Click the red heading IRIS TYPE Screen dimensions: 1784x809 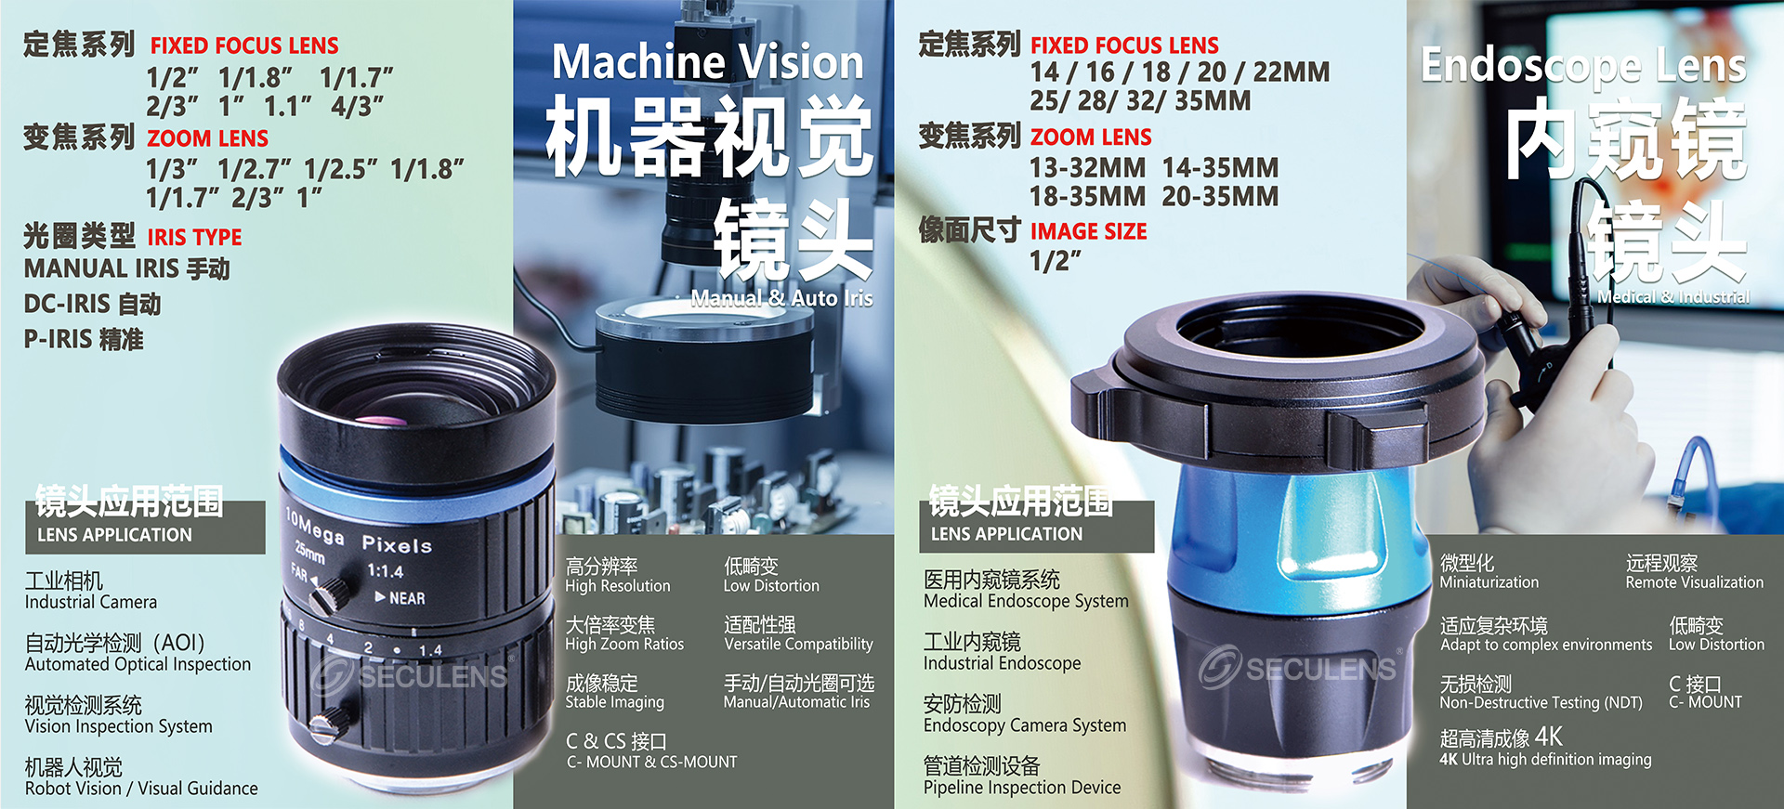click(x=194, y=237)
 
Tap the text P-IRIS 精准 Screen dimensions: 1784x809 click(x=84, y=339)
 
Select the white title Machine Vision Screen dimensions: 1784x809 click(x=708, y=62)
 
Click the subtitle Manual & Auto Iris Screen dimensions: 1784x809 click(x=781, y=298)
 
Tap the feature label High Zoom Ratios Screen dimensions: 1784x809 click(x=624, y=644)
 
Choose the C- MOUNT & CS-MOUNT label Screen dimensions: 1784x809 click(x=651, y=762)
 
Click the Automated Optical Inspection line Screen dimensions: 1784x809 click(x=138, y=664)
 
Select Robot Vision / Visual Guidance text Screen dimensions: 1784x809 click(x=141, y=789)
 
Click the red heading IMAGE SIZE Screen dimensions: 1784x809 click(x=1088, y=231)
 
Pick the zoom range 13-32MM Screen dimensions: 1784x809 click(x=1087, y=168)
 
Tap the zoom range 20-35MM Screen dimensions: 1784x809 click(x=1220, y=197)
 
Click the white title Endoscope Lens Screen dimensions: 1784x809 click(x=1583, y=65)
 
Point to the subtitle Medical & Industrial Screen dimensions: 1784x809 click(x=1673, y=297)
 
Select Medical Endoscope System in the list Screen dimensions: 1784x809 click(x=1026, y=601)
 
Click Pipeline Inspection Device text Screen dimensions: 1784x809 click(x=1022, y=788)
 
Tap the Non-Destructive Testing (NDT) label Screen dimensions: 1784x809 click(x=1541, y=703)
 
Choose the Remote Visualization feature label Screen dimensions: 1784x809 click(x=1694, y=582)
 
